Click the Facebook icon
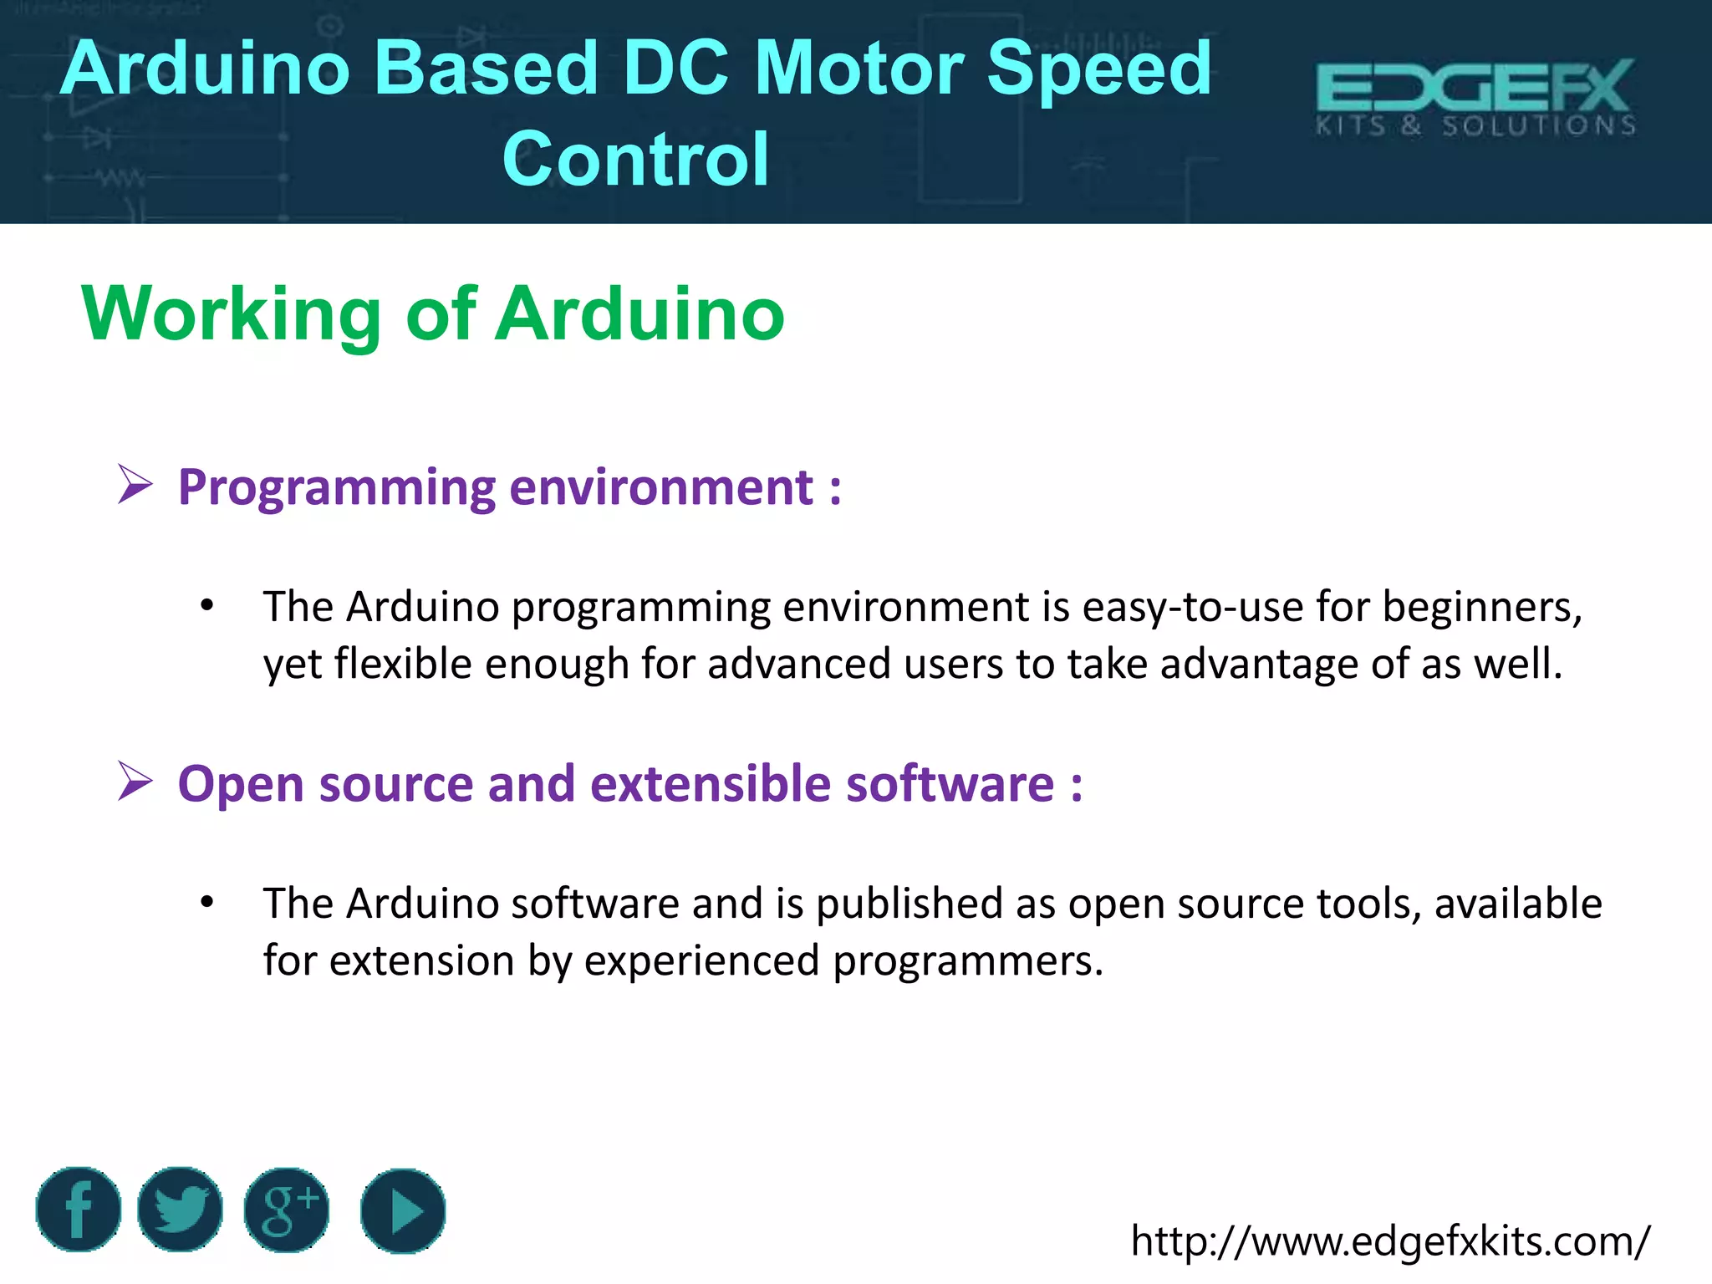(79, 1209)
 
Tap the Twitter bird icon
(180, 1209)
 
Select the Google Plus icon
(287, 1210)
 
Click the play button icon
(403, 1210)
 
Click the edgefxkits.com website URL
(1390, 1241)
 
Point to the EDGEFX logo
(1475, 87)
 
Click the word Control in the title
(635, 159)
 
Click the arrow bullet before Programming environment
(135, 485)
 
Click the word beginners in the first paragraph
(1481, 607)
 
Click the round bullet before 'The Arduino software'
(207, 902)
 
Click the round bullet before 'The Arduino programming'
(207, 605)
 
